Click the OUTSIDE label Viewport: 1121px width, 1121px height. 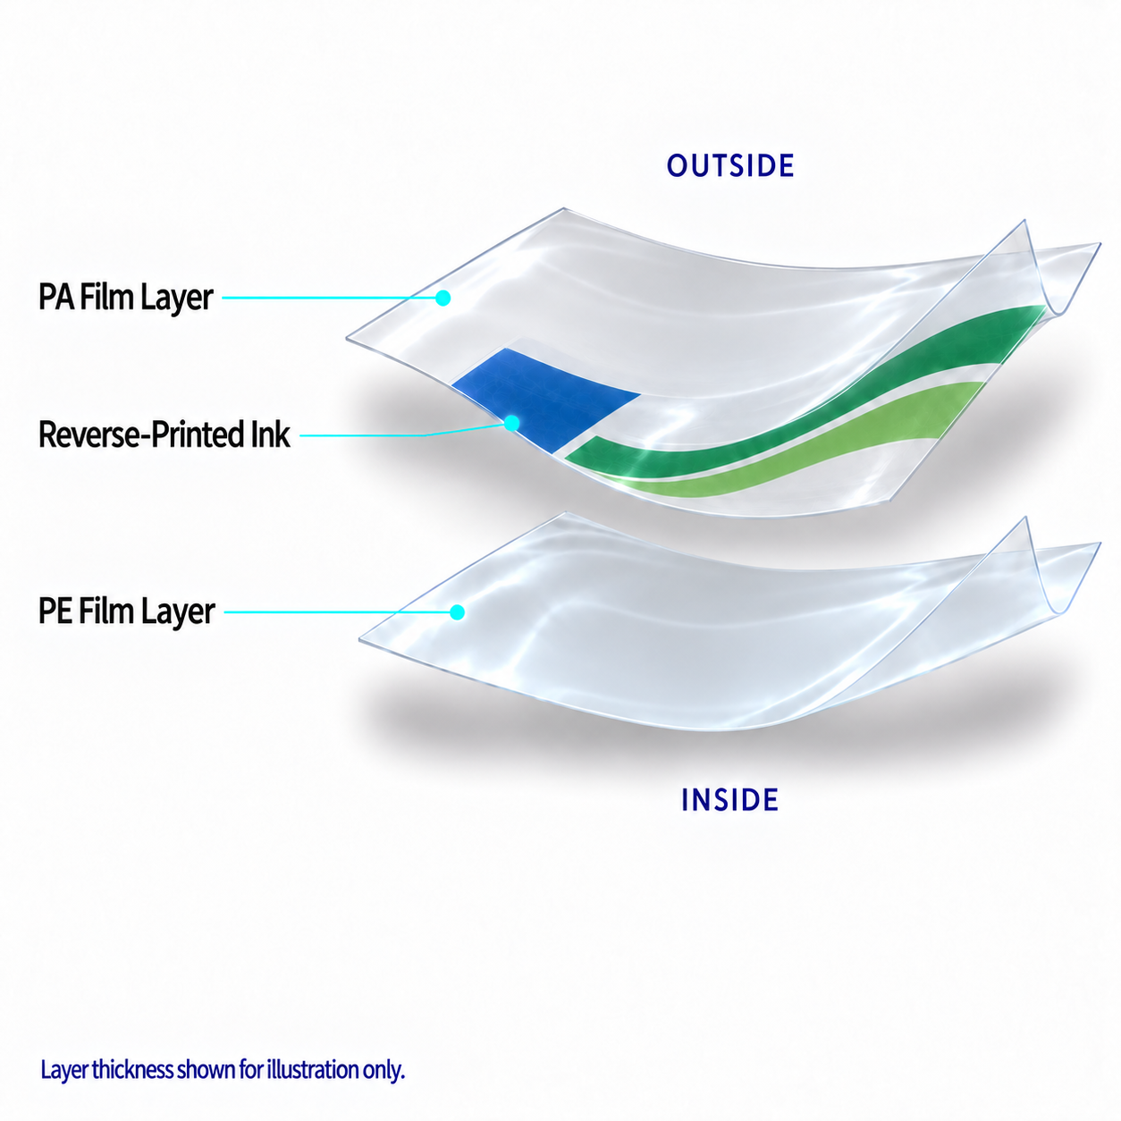pos(730,165)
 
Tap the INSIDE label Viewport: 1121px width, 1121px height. pos(729,800)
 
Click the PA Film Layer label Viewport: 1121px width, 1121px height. pos(126,298)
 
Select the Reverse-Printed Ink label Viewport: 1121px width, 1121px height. pos(164,434)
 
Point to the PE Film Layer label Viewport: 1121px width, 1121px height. pos(126,611)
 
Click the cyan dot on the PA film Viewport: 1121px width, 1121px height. pos(443,298)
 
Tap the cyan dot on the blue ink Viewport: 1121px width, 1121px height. pos(512,423)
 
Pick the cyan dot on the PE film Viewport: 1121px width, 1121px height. pos(457,612)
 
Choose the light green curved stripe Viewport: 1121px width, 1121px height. pos(814,442)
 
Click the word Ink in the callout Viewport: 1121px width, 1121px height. pos(271,434)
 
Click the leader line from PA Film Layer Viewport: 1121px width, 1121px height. pos(329,298)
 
